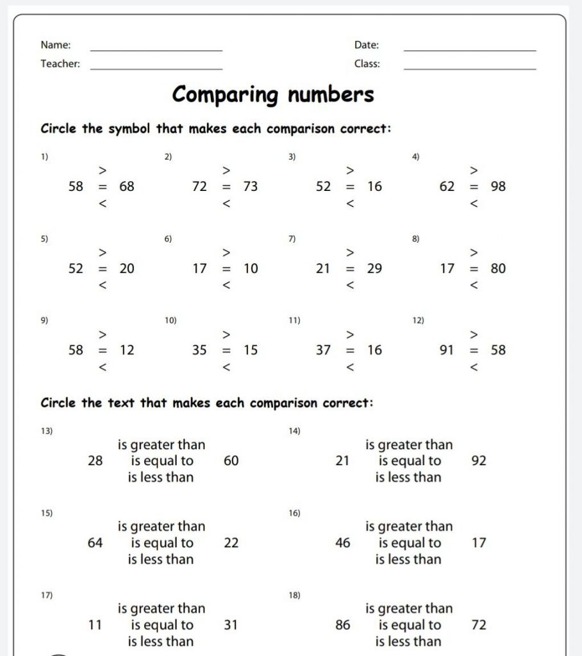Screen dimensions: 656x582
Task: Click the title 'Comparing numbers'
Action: pyautogui.click(x=273, y=95)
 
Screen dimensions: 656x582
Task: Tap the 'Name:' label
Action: pyautogui.click(x=56, y=45)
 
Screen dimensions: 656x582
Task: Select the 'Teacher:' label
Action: pyautogui.click(x=60, y=64)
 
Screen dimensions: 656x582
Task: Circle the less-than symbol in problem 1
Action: pyautogui.click(x=102, y=204)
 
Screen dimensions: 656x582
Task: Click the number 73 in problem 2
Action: pyautogui.click(x=251, y=186)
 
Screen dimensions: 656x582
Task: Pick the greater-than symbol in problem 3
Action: pyautogui.click(x=350, y=170)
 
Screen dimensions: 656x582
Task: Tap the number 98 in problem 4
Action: pyautogui.click(x=498, y=186)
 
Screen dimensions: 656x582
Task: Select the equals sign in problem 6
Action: pyautogui.click(x=226, y=269)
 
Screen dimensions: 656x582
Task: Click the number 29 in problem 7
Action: pyautogui.click(x=374, y=269)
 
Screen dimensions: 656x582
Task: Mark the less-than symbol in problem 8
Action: pyautogui.click(x=474, y=285)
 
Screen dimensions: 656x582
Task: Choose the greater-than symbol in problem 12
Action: pyautogui.click(x=474, y=334)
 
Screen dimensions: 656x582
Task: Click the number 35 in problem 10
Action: pyautogui.click(x=199, y=350)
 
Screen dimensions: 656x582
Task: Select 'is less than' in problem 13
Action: pyautogui.click(x=160, y=477)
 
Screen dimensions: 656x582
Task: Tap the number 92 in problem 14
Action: pyautogui.click(x=479, y=461)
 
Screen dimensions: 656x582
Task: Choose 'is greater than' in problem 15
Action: pyautogui.click(x=162, y=527)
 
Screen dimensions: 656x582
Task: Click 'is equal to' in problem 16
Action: pyautogui.click(x=410, y=543)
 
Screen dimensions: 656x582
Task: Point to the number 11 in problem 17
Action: pyautogui.click(x=95, y=625)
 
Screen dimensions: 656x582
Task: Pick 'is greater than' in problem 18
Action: pyautogui.click(x=409, y=609)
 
